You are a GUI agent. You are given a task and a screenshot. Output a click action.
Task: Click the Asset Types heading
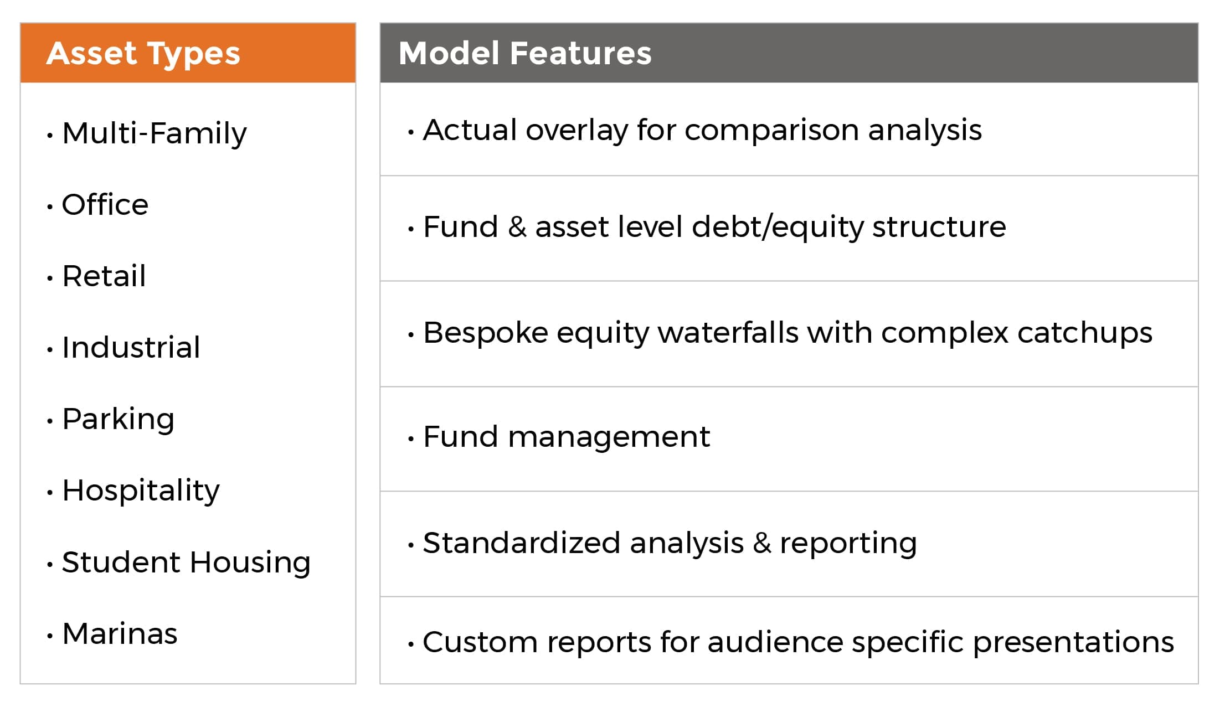[x=143, y=54]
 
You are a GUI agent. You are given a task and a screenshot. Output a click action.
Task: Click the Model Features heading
[x=525, y=53]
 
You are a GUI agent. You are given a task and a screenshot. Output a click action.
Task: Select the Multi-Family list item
[x=155, y=133]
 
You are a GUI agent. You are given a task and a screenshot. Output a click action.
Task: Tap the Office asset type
[x=105, y=204]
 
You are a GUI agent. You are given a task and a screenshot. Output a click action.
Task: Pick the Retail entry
[x=104, y=276]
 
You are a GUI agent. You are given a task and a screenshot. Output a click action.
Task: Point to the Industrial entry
[x=131, y=347]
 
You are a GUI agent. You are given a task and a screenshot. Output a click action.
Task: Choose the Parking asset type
[x=119, y=419]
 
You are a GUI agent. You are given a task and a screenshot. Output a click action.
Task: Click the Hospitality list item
[x=141, y=491]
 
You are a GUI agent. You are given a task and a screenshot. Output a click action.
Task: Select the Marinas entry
[x=120, y=633]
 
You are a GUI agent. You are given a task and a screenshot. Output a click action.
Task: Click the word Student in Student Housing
[x=121, y=562]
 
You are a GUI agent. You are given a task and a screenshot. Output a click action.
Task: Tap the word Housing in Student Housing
[x=250, y=563]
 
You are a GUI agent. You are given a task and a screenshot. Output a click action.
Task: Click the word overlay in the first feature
[x=577, y=131]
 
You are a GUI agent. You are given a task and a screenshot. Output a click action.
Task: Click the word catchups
[x=1085, y=333]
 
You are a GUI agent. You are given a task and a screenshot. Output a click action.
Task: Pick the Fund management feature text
[x=567, y=437]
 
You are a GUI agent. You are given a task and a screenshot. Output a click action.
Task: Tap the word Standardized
[x=521, y=543]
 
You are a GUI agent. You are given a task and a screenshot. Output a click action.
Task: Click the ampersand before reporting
[x=762, y=543]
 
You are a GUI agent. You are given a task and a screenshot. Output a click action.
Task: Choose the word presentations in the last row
[x=1073, y=642]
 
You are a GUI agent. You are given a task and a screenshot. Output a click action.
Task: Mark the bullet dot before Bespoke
[x=411, y=335]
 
